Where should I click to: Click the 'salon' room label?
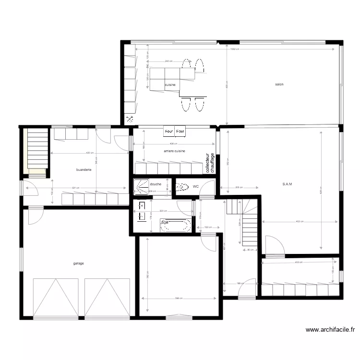(x=279, y=84)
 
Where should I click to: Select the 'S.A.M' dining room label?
(x=288, y=184)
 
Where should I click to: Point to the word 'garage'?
(x=79, y=263)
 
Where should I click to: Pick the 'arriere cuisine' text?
(x=174, y=151)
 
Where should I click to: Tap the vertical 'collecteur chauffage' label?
(x=210, y=163)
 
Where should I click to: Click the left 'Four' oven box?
(x=169, y=131)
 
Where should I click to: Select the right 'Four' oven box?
(x=180, y=131)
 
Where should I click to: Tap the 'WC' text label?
(x=195, y=186)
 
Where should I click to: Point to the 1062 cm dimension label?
(x=235, y=49)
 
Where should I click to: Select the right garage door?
(x=108, y=298)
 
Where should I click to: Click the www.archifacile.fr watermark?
(x=331, y=330)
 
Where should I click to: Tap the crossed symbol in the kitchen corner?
(x=129, y=120)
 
